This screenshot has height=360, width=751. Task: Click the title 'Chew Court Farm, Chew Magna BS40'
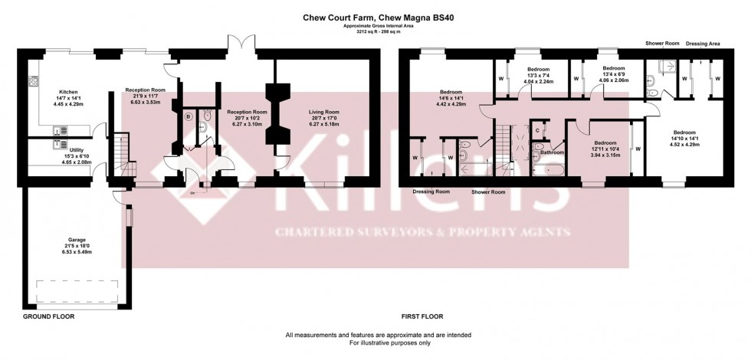(375, 16)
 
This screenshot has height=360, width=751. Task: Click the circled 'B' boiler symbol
(189, 116)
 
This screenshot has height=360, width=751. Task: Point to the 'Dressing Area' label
(703, 44)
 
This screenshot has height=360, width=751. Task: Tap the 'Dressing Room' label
(431, 191)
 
